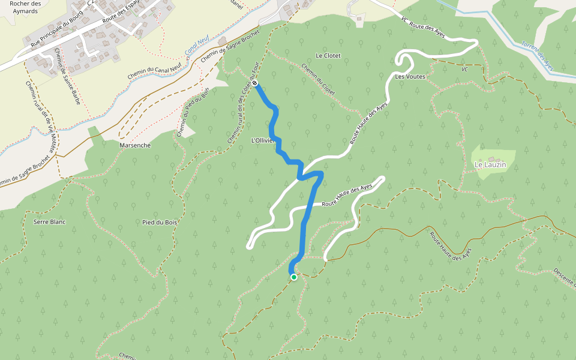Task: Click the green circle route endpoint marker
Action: coord(294,277)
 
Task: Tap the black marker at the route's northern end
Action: coord(255,83)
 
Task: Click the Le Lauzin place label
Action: coord(490,164)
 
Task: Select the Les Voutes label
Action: coord(410,77)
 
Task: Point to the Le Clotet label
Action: coord(328,55)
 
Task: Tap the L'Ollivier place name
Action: coord(262,140)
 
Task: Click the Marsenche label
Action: coord(135,145)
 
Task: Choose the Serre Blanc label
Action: coord(49,222)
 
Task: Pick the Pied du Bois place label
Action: coord(160,222)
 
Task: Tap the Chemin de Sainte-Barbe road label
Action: coord(67,77)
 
